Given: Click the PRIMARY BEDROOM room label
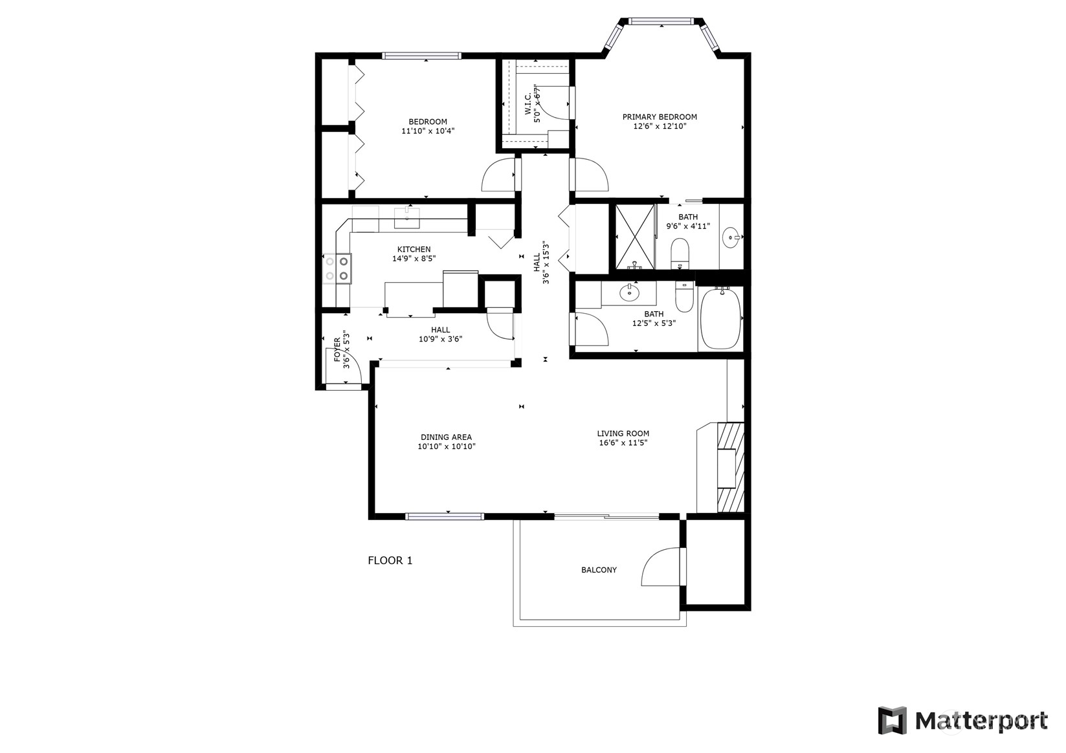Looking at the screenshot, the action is [660, 117].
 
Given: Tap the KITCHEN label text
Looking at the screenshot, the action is [414, 249].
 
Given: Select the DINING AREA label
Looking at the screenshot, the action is [447, 437].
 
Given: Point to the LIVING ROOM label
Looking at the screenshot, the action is [623, 433].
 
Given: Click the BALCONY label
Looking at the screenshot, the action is [599, 570].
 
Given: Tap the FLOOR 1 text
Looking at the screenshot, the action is [390, 560].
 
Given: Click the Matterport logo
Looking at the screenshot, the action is [963, 721].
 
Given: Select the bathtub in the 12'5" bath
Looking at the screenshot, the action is [720, 318].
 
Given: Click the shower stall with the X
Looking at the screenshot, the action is [635, 237].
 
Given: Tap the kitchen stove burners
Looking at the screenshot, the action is [337, 268].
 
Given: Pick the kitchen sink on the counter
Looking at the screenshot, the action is [407, 218].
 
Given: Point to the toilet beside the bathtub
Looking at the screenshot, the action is [684, 298].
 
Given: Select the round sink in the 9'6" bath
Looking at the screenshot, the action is [731, 237].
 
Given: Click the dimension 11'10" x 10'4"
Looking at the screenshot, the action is [428, 131].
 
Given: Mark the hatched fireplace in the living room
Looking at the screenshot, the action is [731, 467].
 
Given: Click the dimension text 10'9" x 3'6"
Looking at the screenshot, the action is [441, 339].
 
